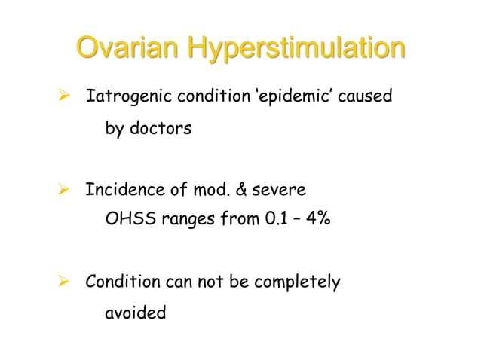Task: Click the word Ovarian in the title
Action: [x=127, y=50]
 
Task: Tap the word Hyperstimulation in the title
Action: [x=296, y=51]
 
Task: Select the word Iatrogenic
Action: [x=127, y=98]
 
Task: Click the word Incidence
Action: [x=122, y=190]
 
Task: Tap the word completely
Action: [x=299, y=282]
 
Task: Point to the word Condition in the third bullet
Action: [x=122, y=282]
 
